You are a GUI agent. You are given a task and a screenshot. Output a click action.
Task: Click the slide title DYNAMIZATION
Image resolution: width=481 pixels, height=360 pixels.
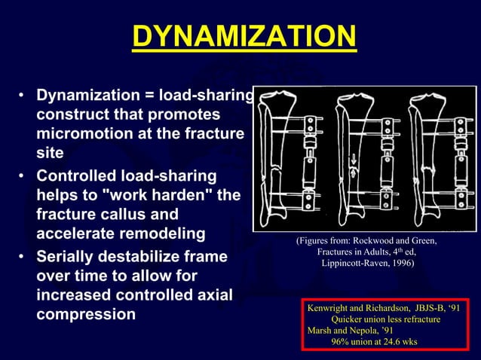coord(244,35)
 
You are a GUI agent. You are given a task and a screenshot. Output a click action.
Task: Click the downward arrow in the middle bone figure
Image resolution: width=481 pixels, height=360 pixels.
coord(353,159)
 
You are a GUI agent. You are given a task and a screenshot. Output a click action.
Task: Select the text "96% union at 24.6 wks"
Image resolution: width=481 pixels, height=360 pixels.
coord(374,341)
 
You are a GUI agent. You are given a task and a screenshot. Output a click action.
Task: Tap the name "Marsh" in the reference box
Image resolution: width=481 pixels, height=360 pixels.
coord(321,331)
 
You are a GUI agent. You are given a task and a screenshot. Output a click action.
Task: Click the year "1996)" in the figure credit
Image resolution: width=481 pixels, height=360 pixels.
coord(396,263)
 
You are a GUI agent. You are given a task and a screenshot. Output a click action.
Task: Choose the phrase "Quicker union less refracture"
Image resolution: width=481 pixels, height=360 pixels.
coord(381,319)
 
